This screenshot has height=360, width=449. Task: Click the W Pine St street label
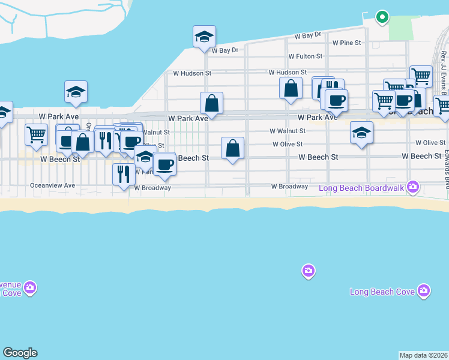coord(346,43)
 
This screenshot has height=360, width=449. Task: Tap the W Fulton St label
coord(306,56)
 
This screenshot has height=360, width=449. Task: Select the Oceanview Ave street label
coord(53,186)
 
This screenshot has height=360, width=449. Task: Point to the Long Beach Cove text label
coord(382,292)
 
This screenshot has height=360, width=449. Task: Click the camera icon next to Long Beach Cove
coord(424,291)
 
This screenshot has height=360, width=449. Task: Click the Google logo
coord(20,353)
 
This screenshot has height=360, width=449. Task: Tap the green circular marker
coord(381,17)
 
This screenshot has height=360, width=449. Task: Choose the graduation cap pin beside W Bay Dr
coord(204,37)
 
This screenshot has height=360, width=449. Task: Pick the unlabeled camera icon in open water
coord(308,272)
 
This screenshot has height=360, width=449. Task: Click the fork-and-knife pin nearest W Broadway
coord(123,175)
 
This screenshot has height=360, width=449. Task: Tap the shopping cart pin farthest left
coord(37,134)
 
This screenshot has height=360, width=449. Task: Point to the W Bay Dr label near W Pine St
coord(308,36)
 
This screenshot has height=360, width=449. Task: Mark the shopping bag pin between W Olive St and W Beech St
coord(232,149)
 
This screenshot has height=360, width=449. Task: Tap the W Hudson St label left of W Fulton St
coord(192,73)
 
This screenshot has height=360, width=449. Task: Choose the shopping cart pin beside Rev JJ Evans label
coord(421,76)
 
